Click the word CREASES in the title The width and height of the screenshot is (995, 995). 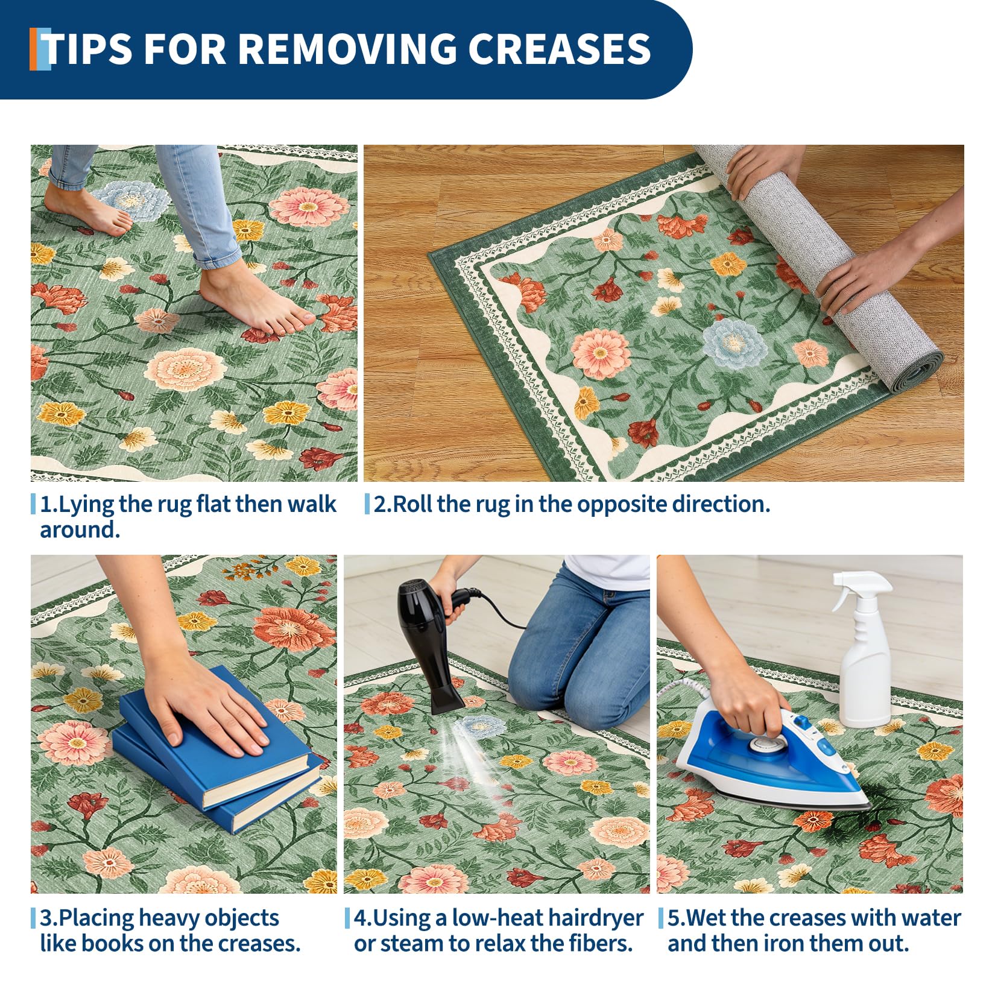tap(560, 48)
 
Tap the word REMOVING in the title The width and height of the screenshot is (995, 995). tap(348, 48)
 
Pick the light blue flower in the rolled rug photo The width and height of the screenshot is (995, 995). tap(734, 342)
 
